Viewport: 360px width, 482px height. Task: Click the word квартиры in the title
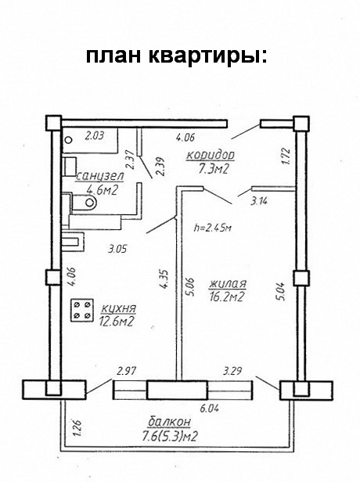pos(208,56)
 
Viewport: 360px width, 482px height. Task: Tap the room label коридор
pos(211,155)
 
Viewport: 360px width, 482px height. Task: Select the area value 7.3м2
pos(214,169)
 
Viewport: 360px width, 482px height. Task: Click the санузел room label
pos(99,177)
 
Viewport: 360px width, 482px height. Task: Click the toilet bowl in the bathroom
pos(85,203)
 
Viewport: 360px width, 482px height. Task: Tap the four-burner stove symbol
pos(82,310)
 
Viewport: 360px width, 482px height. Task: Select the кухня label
pos(118,308)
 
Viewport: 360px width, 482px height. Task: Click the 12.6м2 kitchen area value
pos(116,322)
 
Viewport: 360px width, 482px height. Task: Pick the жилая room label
pos(228,284)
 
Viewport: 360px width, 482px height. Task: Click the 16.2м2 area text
pos(227,297)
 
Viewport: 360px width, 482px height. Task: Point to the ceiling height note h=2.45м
pos(212,228)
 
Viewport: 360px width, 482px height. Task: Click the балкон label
pos(169,422)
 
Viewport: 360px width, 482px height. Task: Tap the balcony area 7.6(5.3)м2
pos(169,436)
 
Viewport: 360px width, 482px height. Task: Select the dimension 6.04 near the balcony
pos(210,408)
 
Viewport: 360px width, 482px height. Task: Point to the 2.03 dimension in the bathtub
pos(95,135)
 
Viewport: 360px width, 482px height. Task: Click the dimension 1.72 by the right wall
pos(286,156)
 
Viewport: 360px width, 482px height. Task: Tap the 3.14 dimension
pos(259,202)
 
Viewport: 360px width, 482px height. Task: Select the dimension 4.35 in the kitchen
pos(164,279)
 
